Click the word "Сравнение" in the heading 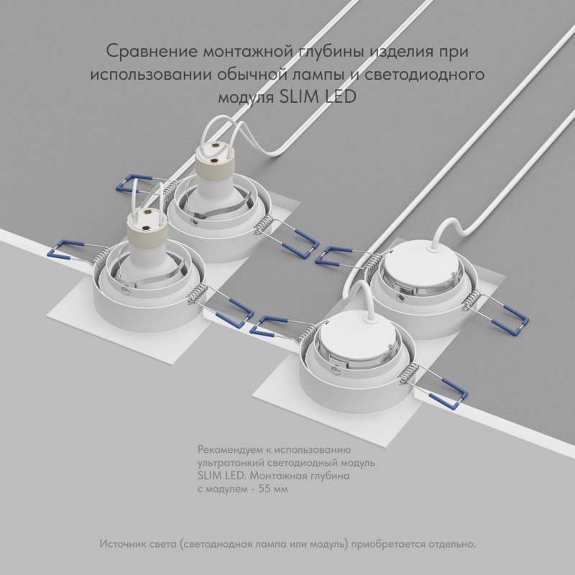(152, 52)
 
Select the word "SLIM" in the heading (300, 97)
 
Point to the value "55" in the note (264, 489)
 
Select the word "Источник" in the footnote (123, 543)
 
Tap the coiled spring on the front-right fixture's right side (409, 374)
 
